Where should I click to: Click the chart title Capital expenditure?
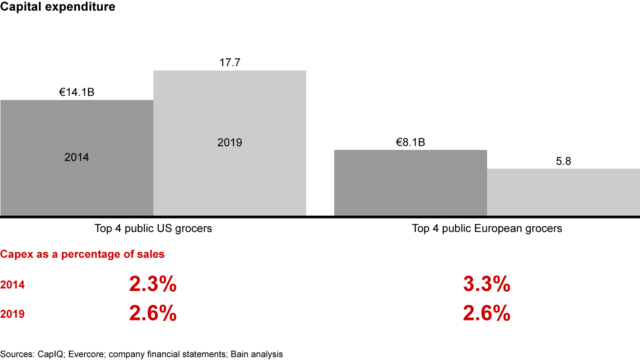coord(58,7)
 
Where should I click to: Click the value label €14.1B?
coord(76,93)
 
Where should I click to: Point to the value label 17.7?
coord(229,63)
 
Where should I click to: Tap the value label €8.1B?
coord(410,143)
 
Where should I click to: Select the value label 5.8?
coord(563,162)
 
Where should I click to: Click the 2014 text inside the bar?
coord(76,157)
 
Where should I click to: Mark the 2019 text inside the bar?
coord(229,143)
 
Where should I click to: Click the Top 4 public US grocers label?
coord(153,228)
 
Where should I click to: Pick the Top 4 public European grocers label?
coord(487,228)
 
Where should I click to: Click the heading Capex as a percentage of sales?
coord(82,255)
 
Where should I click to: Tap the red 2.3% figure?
coord(153,285)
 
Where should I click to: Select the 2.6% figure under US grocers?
coord(153,314)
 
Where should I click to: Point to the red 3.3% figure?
coord(486,285)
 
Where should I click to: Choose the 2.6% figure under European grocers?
coord(486,314)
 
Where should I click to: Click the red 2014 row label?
coord(12,285)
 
